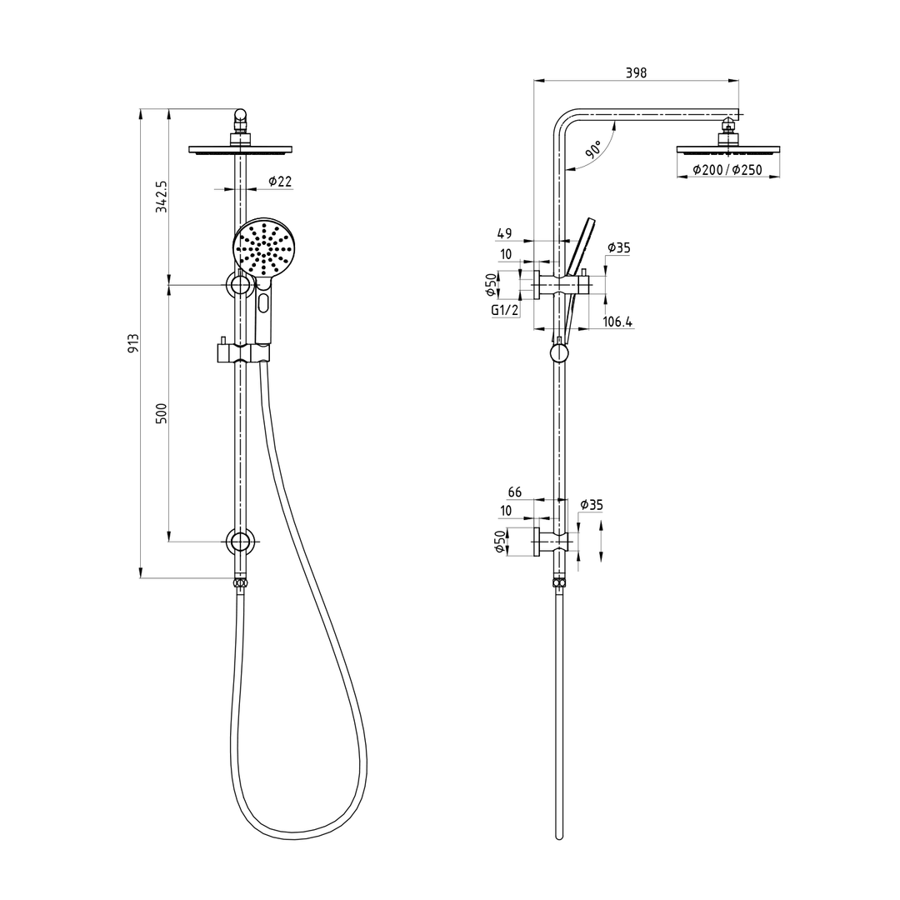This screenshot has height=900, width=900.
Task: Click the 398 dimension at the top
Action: pos(636,73)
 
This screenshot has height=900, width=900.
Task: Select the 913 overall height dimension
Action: pos(133,342)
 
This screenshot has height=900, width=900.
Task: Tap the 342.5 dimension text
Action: pos(162,197)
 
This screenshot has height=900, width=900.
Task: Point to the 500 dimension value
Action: pos(162,413)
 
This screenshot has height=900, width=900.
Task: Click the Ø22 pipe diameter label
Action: pos(280,182)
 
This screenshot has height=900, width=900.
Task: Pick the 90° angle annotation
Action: pos(593,150)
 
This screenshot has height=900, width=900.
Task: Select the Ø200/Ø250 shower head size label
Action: pos(727,170)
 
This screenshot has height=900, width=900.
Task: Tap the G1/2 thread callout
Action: pos(505,311)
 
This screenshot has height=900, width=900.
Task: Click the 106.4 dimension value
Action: pos(617,322)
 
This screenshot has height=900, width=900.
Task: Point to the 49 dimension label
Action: pos(504,234)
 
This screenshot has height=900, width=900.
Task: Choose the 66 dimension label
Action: pos(515,492)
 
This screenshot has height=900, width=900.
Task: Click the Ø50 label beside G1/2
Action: pos(491,285)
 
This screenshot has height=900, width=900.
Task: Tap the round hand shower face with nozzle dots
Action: pos(265,247)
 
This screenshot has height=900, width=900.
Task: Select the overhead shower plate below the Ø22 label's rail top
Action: pos(240,150)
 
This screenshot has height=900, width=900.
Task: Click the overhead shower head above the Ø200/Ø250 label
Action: pos(728,150)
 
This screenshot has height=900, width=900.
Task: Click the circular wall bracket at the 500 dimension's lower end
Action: pos(240,542)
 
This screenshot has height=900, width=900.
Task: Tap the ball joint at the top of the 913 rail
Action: pos(240,115)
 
